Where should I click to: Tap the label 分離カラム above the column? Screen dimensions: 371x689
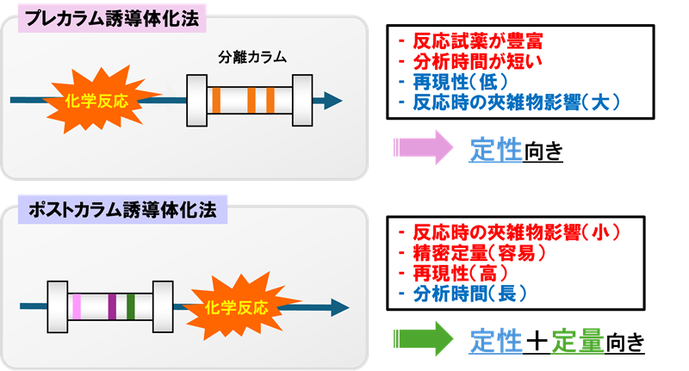tap(251, 59)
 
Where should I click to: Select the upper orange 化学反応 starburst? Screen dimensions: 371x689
tap(96, 100)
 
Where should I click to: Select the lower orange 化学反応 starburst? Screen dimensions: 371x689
tap(239, 306)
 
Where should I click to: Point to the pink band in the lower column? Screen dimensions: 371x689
tap(78, 306)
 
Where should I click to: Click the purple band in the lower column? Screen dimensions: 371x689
tap(112, 306)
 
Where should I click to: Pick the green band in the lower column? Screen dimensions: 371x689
tap(131, 306)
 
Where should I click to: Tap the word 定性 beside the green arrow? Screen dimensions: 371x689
tap(496, 340)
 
